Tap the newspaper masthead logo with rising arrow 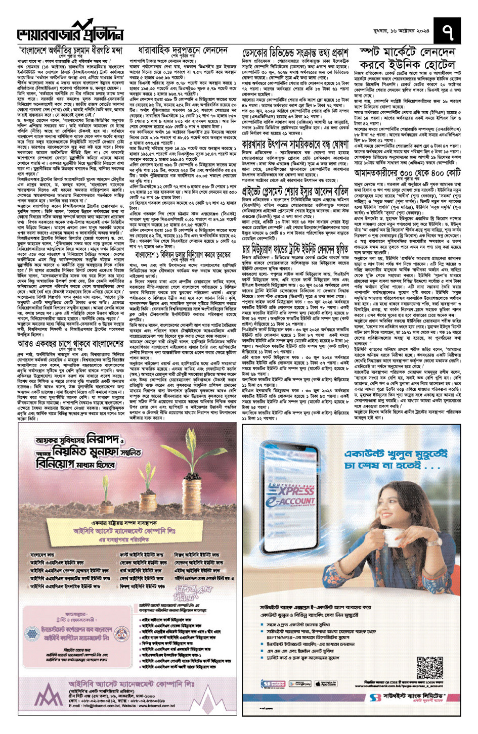point(71,31)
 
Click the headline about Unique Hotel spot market point(407,58)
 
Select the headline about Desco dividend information point(295,53)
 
